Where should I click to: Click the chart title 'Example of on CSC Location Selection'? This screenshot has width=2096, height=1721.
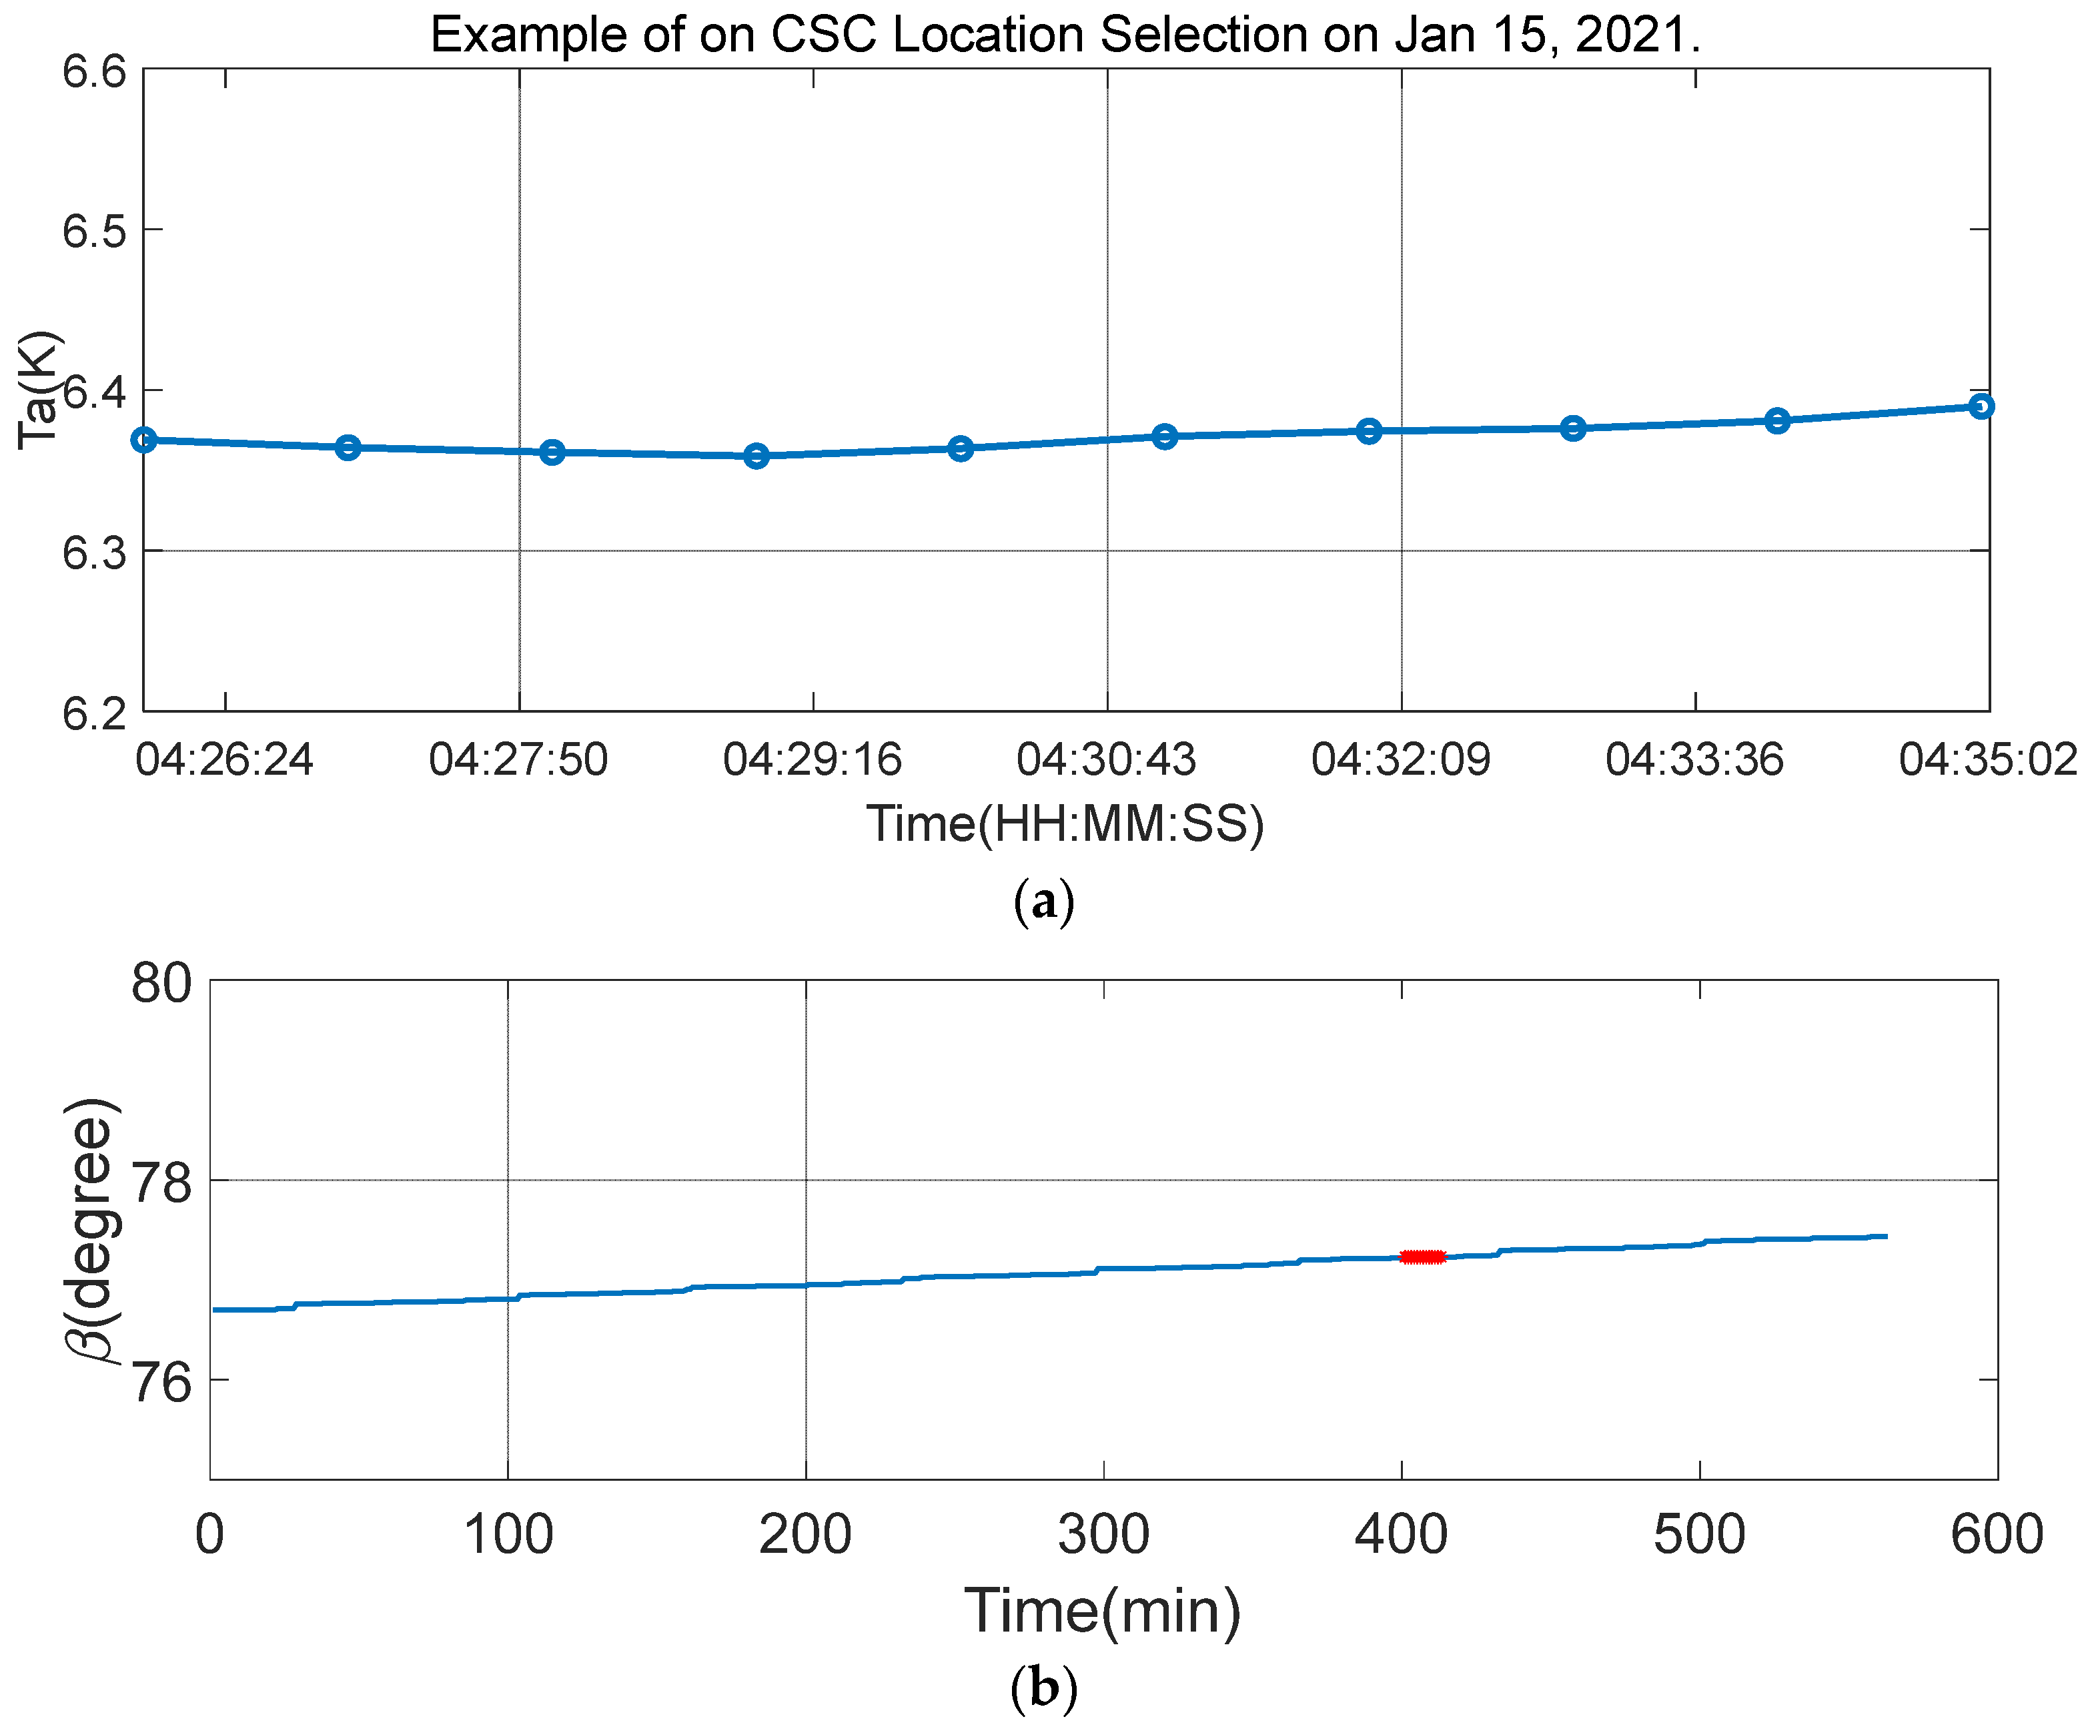coord(1065,35)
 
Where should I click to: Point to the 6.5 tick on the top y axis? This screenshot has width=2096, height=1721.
coord(95,231)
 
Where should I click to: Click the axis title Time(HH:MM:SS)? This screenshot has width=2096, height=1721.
coord(1065,824)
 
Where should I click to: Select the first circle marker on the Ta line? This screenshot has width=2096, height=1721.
coord(145,439)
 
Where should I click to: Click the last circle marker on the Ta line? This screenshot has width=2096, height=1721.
coord(1980,406)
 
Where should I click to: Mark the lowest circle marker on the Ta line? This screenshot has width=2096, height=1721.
coord(756,456)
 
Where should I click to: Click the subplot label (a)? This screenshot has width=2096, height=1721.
coord(1043,902)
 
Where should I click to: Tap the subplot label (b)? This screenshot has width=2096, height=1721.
coord(1043,1687)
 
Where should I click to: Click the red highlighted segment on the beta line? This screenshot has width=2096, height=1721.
coord(1423,1257)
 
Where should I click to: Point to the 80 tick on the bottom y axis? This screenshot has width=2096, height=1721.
coord(161,984)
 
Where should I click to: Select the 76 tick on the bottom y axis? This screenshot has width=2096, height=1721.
coord(161,1382)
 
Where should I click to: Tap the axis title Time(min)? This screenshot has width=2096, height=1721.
coord(1102,1610)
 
